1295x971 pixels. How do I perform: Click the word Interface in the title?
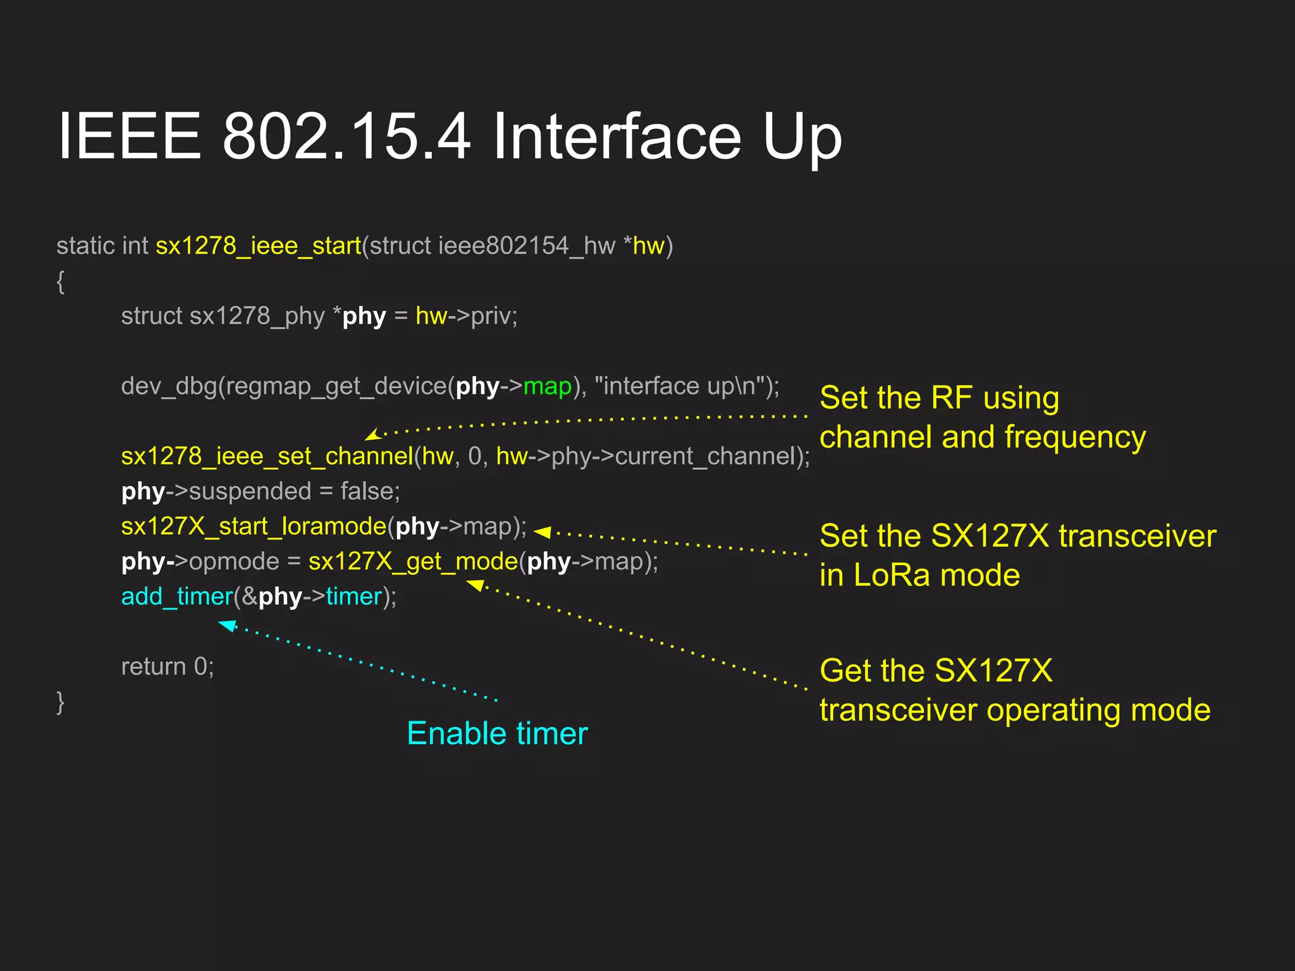click(616, 137)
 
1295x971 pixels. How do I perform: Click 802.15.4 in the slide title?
click(347, 137)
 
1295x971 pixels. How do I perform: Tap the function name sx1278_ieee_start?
click(258, 246)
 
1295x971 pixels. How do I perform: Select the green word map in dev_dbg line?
click(548, 386)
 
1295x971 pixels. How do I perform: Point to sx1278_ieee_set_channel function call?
click(267, 456)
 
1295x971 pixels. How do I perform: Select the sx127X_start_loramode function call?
click(254, 527)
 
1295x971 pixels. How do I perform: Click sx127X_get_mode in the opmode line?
click(413, 561)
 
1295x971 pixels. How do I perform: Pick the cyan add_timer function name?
click(177, 597)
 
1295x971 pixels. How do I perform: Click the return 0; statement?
click(168, 667)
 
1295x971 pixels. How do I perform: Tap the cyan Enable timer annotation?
click(497, 734)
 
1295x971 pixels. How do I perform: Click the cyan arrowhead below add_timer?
click(227, 626)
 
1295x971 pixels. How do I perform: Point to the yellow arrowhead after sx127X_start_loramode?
click(543, 532)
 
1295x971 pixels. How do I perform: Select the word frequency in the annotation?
click(1074, 437)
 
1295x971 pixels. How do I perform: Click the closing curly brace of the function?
click(61, 702)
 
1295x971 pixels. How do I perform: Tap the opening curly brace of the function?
click(61, 281)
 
